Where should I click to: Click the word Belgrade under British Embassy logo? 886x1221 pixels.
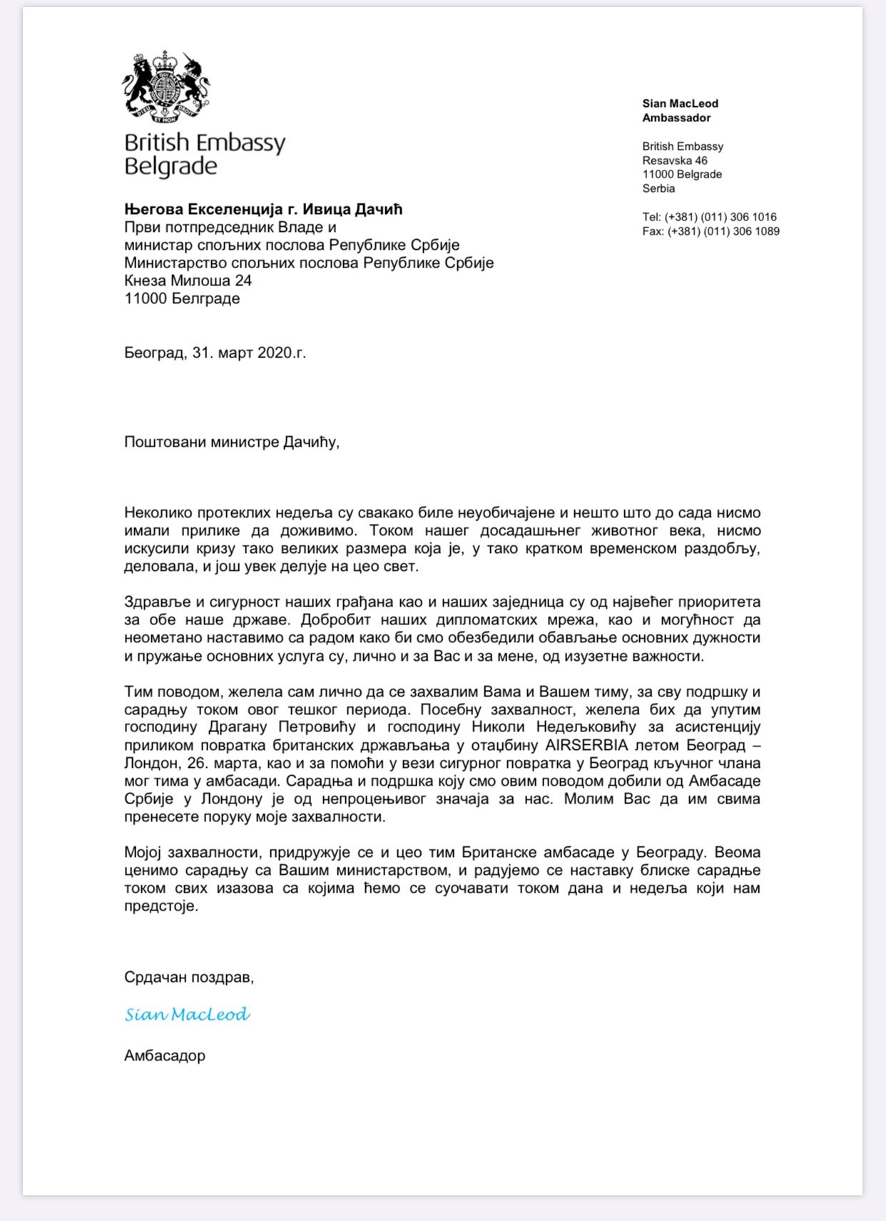tap(170, 167)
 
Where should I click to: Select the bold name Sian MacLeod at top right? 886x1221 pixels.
tap(680, 103)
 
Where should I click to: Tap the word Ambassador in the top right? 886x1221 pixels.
tap(676, 118)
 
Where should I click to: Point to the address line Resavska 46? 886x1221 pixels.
tap(674, 161)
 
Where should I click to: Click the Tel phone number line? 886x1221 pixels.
tap(709, 217)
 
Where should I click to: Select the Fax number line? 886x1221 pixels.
tap(711, 231)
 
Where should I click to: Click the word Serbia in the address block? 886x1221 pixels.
tap(658, 188)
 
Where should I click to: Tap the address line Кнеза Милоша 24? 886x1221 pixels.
tap(188, 280)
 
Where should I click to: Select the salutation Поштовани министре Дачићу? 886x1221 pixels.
tap(231, 442)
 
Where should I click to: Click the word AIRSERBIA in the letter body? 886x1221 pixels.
tap(586, 745)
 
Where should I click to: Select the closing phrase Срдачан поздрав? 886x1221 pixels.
tap(188, 977)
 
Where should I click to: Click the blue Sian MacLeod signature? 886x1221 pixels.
tap(187, 1014)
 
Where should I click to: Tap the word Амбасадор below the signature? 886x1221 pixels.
tap(165, 1055)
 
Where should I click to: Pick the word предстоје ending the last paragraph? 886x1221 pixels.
tap(160, 906)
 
